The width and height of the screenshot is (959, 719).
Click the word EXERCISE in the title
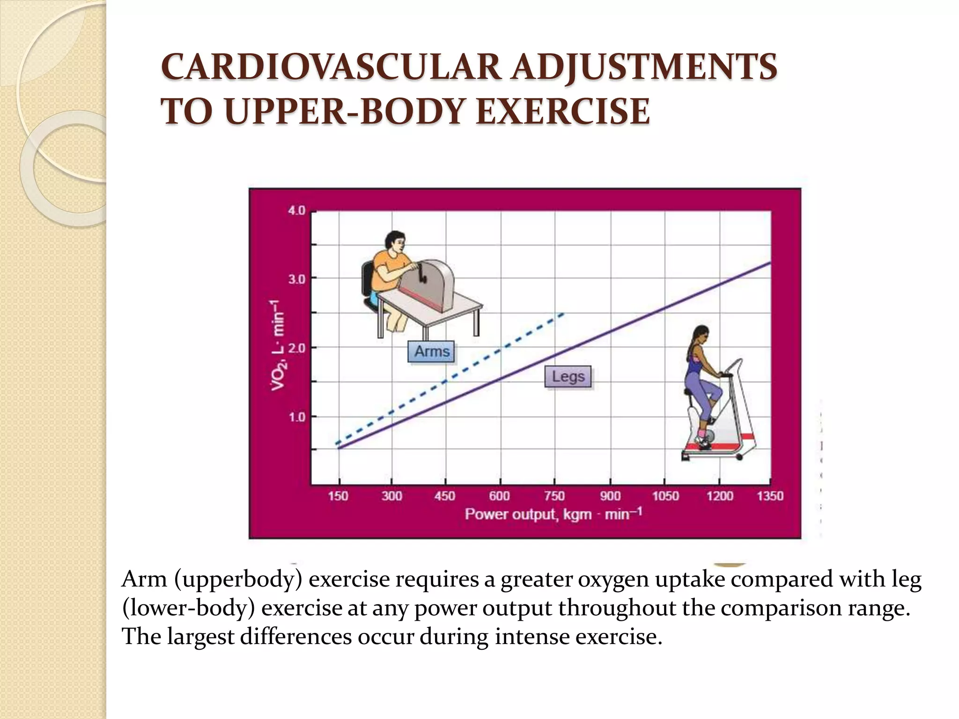coord(562,112)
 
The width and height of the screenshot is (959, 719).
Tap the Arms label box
coord(431,351)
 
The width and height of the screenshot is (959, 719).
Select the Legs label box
coord(568,376)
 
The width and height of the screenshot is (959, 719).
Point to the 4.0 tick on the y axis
coord(296,211)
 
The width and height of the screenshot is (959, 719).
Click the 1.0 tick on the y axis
coord(296,417)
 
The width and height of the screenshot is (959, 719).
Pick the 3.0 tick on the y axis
coord(296,279)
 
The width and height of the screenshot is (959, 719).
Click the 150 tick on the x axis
coord(338,496)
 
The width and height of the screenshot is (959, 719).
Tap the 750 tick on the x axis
coord(554,496)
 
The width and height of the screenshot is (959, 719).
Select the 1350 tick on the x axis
coord(770,496)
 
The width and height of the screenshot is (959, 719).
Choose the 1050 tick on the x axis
coord(665,496)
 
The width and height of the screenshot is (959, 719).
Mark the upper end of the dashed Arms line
coord(564,313)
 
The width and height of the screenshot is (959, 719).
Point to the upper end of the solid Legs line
coord(770,263)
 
